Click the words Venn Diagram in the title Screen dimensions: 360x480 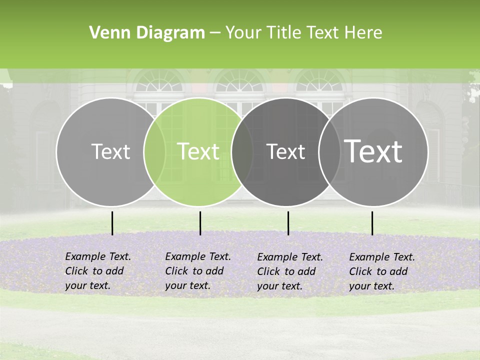[x=147, y=33]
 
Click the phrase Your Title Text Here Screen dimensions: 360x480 [x=303, y=33]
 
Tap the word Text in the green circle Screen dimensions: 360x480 [x=198, y=151]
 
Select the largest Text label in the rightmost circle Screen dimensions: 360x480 [x=373, y=151]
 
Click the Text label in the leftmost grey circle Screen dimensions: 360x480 [x=110, y=151]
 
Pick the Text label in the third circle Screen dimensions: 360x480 [x=285, y=151]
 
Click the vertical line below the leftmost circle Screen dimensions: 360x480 [x=112, y=223]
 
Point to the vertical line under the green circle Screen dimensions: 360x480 [x=200, y=223]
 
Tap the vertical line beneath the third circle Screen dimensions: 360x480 [x=288, y=223]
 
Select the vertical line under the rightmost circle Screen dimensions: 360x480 [x=372, y=223]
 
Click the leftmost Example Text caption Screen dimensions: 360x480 [x=98, y=271]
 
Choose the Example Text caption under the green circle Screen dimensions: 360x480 [x=198, y=271]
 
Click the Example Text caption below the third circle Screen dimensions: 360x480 [x=290, y=271]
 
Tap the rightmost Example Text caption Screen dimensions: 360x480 [x=382, y=271]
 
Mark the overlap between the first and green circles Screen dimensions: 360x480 [x=154, y=151]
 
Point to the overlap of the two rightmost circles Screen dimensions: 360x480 [x=329, y=151]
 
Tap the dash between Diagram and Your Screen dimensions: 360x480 [x=215, y=33]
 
